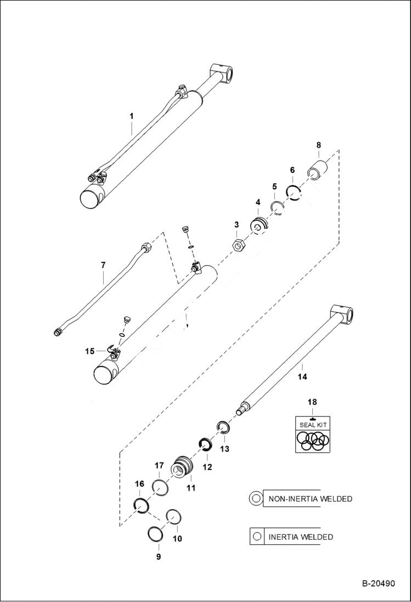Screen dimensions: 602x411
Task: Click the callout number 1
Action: (x=132, y=116)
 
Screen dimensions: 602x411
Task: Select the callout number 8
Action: (x=318, y=145)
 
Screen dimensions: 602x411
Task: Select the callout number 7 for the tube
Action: (x=103, y=265)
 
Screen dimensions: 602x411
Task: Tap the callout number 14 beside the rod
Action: (x=302, y=376)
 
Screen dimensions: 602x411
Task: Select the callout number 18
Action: (x=312, y=402)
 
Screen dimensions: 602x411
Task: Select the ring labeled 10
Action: (x=174, y=517)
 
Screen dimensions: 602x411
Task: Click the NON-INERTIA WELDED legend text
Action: (x=309, y=499)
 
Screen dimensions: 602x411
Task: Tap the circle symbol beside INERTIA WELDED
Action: (x=256, y=536)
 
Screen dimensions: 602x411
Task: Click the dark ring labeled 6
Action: (x=294, y=193)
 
